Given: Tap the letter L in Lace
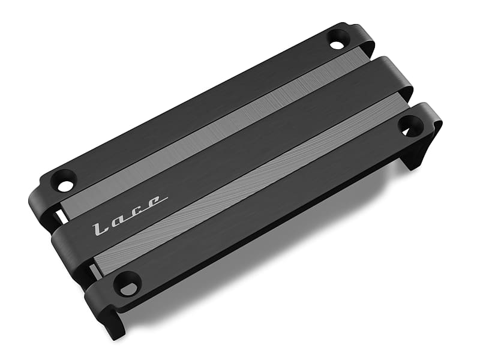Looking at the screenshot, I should (x=99, y=228).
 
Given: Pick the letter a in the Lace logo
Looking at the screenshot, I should (x=119, y=218).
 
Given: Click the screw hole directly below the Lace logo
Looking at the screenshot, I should (x=127, y=283).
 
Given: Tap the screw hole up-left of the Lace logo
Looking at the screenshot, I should (x=64, y=181).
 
